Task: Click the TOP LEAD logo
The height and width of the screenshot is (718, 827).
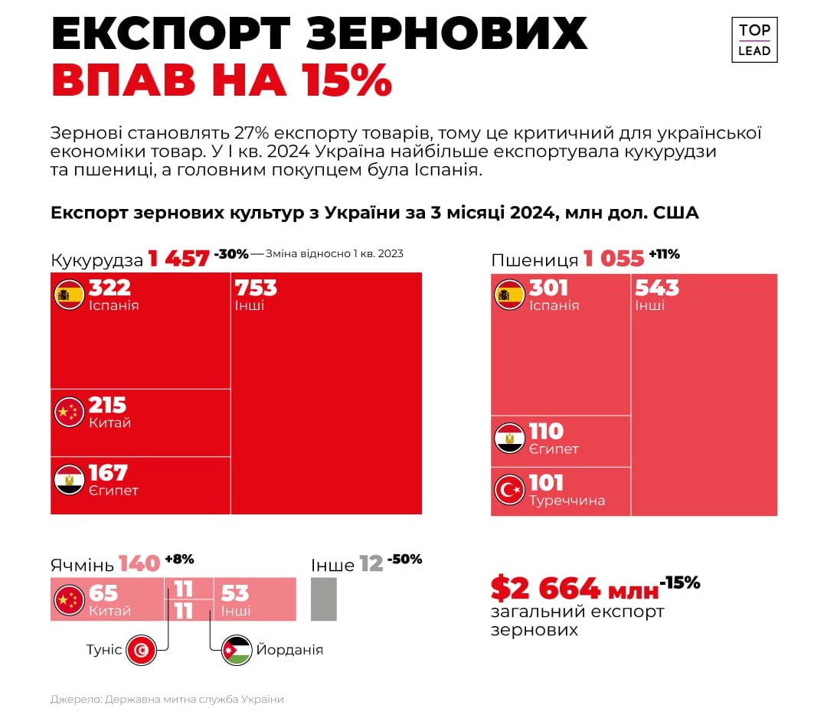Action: (x=753, y=41)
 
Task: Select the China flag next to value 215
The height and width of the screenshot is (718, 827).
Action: (x=69, y=413)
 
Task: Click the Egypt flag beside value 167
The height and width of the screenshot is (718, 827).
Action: (x=69, y=480)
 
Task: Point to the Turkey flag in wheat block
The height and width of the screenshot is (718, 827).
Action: (x=509, y=490)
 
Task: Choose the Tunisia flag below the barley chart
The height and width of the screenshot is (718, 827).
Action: (x=142, y=650)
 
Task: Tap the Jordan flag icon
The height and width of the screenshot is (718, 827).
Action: (x=237, y=650)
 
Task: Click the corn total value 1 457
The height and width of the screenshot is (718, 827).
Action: (x=178, y=259)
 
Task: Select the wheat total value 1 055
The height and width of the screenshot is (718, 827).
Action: (x=613, y=259)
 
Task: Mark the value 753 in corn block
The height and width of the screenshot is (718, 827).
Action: (x=256, y=288)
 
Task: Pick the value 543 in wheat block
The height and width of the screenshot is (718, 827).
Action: (x=657, y=288)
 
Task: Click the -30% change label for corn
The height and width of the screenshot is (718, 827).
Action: (x=231, y=253)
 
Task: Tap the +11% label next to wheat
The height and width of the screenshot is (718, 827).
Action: (x=664, y=253)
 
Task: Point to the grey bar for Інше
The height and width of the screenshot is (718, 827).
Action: (x=324, y=599)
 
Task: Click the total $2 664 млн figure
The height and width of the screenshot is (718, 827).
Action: (x=574, y=589)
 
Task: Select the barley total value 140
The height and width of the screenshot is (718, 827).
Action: (x=139, y=564)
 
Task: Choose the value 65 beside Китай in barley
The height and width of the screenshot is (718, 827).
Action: (x=103, y=593)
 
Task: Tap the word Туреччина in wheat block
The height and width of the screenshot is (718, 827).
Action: (x=567, y=501)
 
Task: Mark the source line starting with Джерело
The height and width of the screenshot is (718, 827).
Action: (x=167, y=699)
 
